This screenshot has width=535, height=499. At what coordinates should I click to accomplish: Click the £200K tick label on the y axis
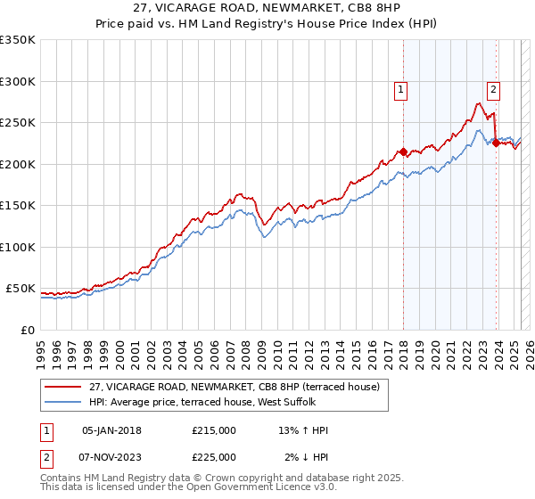[18, 164]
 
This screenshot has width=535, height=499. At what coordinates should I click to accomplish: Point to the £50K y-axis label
[21, 289]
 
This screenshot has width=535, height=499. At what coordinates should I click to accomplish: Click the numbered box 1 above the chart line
[401, 89]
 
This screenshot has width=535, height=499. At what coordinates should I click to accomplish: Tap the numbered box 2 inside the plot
[493, 88]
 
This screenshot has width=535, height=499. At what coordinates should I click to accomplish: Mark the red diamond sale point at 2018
[403, 152]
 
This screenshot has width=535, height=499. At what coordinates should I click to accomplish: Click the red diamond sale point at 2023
[496, 143]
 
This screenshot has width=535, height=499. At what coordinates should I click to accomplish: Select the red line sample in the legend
[63, 387]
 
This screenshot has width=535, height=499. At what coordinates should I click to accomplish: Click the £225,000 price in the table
[214, 457]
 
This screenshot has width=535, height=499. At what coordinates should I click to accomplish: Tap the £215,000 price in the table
[214, 430]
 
